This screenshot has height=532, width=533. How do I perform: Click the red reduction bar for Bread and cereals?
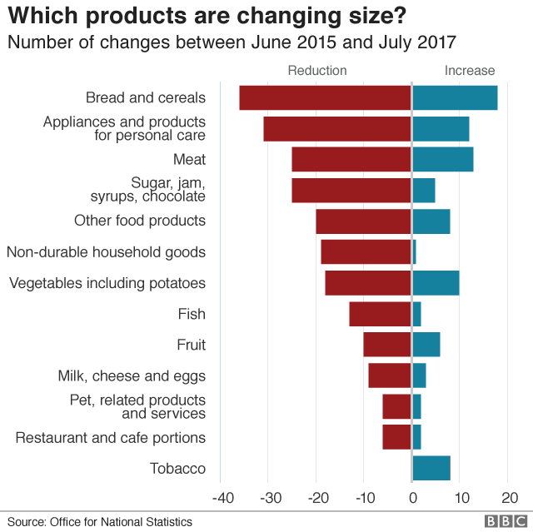[326, 97]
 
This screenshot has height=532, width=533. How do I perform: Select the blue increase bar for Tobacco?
[431, 468]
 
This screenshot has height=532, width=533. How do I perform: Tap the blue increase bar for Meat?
[443, 159]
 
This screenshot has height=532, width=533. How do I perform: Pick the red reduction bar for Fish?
[380, 314]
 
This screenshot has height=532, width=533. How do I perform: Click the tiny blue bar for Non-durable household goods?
[414, 251]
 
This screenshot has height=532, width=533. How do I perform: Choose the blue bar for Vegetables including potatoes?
[436, 283]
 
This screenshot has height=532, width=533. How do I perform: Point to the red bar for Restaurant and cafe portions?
[397, 437]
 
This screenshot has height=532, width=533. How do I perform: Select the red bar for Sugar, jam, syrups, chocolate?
[351, 190]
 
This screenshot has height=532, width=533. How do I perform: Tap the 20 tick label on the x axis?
[508, 498]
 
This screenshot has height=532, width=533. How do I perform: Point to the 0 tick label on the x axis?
[412, 498]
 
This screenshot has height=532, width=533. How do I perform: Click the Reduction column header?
[317, 71]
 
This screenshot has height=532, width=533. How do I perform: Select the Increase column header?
[470, 71]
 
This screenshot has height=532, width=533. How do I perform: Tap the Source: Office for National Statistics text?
[100, 522]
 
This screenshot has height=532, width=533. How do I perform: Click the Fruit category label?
[191, 345]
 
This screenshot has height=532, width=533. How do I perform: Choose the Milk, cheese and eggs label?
[132, 376]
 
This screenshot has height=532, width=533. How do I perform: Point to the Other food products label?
[139, 221]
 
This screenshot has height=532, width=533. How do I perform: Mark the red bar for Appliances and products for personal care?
[337, 128]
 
